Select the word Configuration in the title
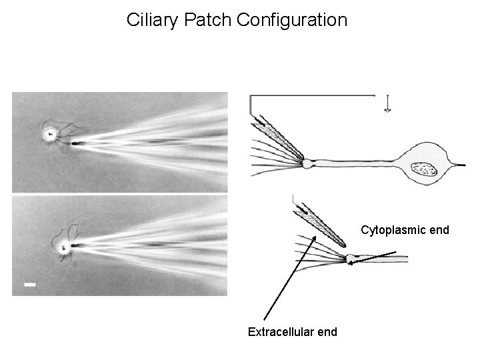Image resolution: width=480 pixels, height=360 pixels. tap(292, 20)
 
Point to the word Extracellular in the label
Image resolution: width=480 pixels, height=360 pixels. tap(280, 331)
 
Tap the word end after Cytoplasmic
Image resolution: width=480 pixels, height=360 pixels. tap(438, 231)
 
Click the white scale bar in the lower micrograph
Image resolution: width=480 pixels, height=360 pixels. tap(29, 285)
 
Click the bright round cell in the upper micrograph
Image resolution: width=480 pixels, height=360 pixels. tap(50, 134)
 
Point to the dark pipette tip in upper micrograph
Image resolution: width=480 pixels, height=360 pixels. tap(75, 143)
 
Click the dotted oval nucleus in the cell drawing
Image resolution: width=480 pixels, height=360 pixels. tap(424, 169)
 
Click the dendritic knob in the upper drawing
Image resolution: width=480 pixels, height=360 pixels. tap(307, 163)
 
